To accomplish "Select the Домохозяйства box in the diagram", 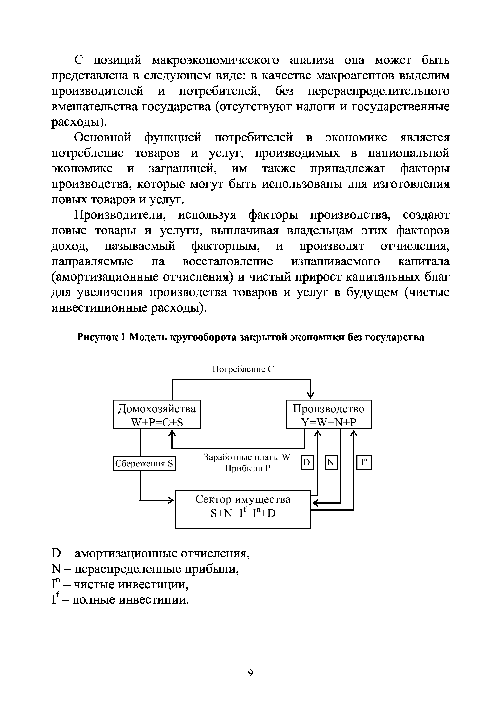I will pos(157,414).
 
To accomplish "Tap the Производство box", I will pos(328,414).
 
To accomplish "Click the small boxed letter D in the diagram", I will pos(307,463).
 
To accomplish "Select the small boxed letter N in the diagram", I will pos(331,463).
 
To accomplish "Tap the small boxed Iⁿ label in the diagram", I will pos(364,463).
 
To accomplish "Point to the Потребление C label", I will pos(243,369).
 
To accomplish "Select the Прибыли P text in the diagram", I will pos(247,469).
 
